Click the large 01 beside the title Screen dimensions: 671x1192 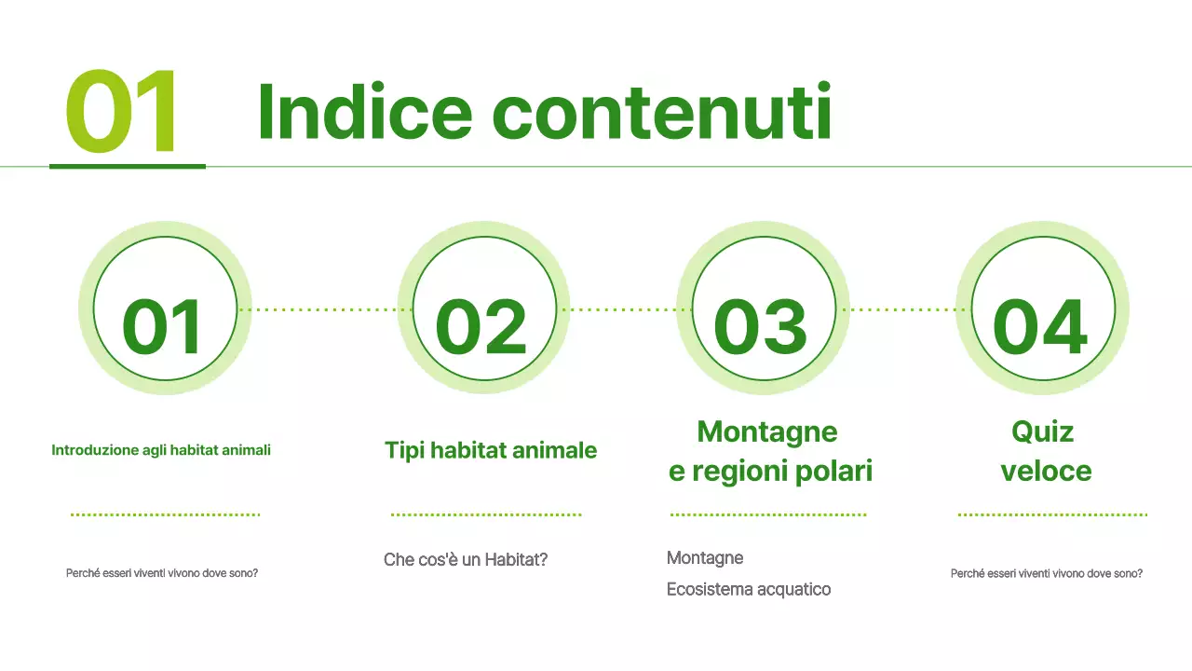tap(121, 114)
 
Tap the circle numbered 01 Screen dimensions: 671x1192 tap(165, 308)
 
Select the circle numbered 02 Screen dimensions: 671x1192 tap(483, 308)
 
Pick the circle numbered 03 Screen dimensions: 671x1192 tap(763, 308)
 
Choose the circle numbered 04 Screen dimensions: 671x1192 tap(1042, 308)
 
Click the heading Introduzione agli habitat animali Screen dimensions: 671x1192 tap(161, 450)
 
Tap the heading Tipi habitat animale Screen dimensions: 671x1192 tap(491, 451)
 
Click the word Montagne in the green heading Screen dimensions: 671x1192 tap(767, 432)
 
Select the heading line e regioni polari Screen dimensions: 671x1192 tap(770, 472)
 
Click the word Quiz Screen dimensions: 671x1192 tap(1042, 432)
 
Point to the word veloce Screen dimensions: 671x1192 tap(1046, 472)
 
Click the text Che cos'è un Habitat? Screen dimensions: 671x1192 tap(466, 560)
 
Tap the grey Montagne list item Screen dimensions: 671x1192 tap(705, 558)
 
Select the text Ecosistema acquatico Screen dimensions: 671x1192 tap(749, 589)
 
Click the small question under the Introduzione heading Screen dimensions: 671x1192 tap(162, 573)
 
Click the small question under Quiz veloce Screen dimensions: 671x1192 tap(1047, 573)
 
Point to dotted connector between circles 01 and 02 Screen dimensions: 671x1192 tap(325, 309)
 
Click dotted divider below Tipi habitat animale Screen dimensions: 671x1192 tap(485, 514)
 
